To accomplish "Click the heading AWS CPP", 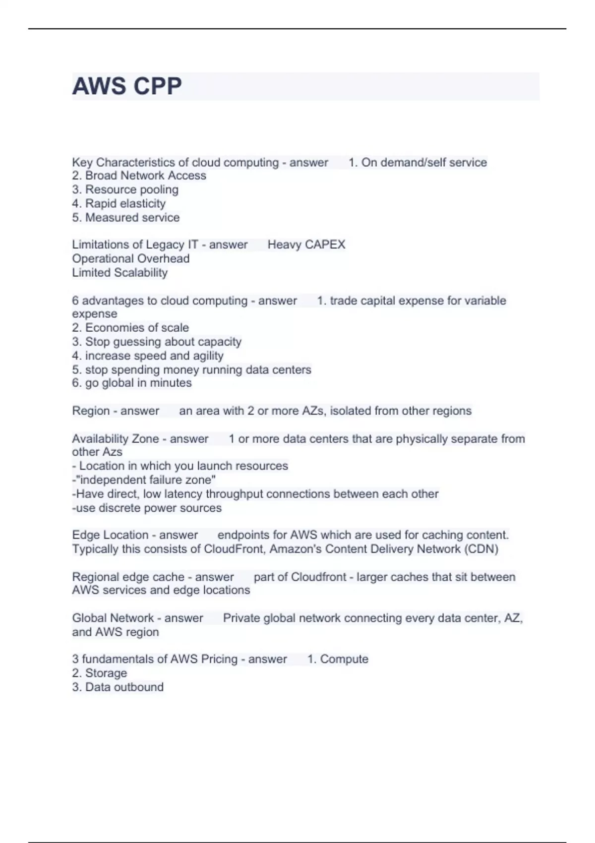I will (x=127, y=86).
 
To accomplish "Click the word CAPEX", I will (x=325, y=244).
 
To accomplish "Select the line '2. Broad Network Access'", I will (x=139, y=176).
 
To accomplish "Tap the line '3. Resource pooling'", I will (x=125, y=189).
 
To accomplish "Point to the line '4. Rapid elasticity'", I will (x=119, y=203).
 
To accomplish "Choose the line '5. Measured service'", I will (x=125, y=217).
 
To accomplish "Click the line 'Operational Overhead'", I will (x=130, y=258).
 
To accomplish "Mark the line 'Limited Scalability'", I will (x=119, y=272).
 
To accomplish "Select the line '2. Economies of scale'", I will (x=130, y=328).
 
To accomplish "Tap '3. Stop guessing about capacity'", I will (x=156, y=342).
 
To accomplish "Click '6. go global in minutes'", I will (x=131, y=383).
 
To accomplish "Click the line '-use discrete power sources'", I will (x=147, y=508).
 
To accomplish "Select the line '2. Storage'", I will (x=99, y=673).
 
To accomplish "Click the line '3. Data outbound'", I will (x=118, y=687).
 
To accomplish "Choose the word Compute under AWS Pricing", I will (x=344, y=659).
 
